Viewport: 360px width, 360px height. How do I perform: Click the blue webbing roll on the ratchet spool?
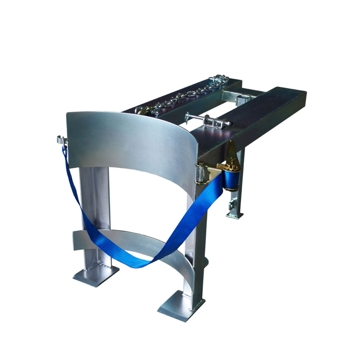(x=231, y=180)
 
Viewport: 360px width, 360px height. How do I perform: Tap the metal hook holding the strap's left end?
(x=62, y=141)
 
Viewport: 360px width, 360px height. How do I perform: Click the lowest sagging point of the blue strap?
(x=135, y=264)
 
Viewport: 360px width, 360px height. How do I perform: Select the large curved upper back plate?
(x=130, y=139)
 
